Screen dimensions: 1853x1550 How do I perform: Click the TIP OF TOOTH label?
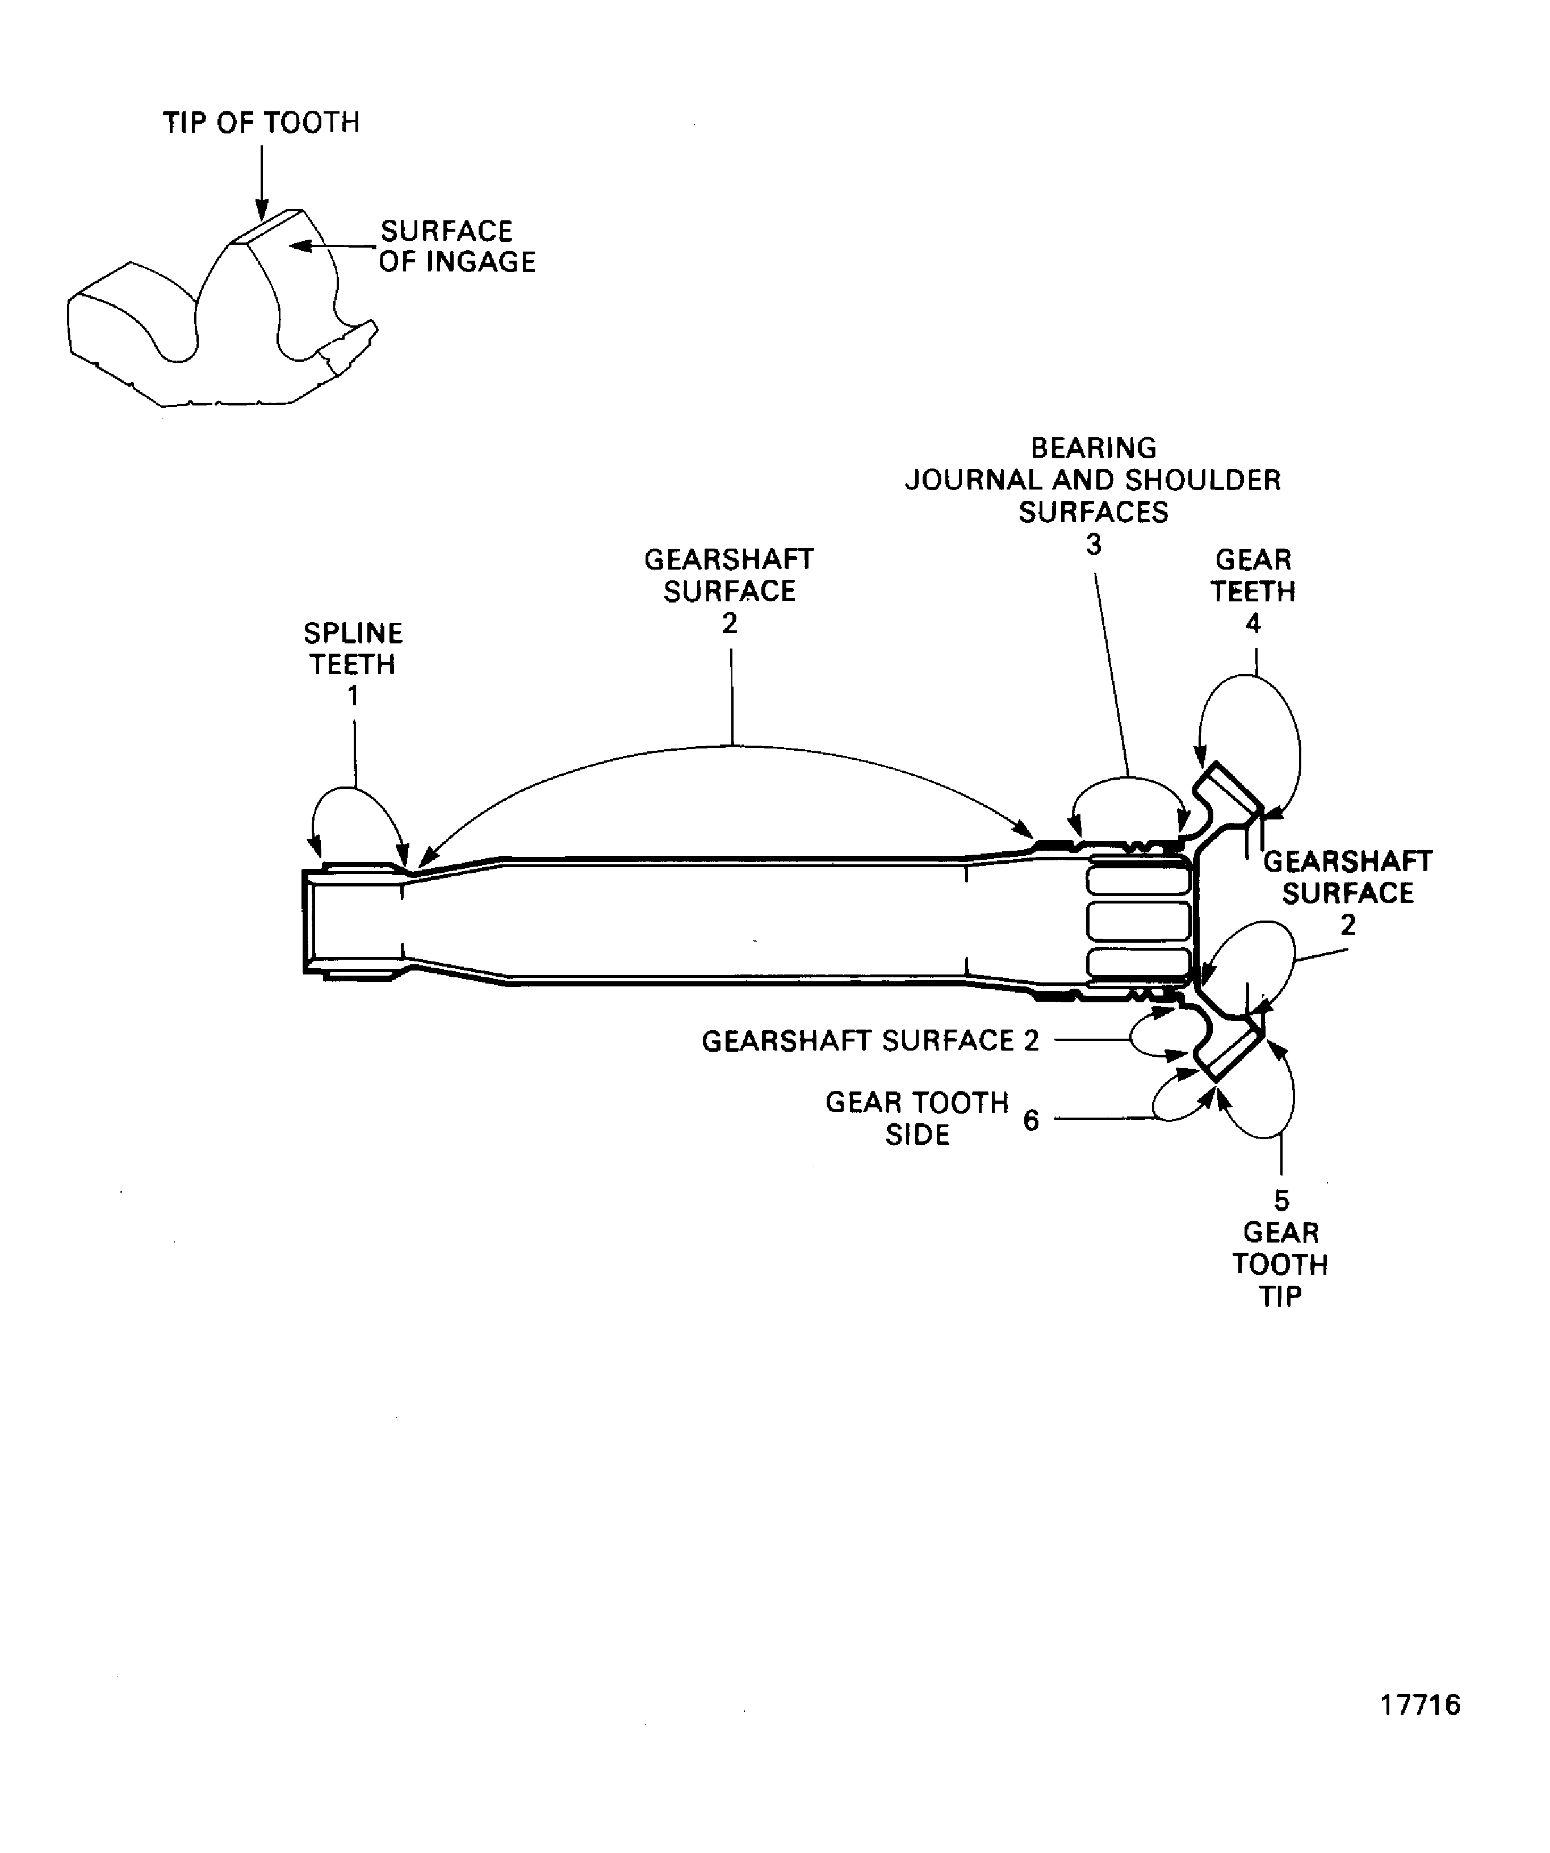[261, 122]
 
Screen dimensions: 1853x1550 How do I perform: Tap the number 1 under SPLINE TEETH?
[353, 696]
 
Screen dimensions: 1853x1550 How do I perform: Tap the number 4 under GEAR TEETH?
[1252, 623]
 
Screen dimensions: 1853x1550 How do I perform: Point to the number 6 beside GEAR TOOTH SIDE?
[1030, 1120]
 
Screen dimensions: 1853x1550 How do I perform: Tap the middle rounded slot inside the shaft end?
[1138, 921]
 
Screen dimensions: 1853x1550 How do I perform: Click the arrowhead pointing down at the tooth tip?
[261, 210]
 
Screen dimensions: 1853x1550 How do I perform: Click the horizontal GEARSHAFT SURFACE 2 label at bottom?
[870, 1041]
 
